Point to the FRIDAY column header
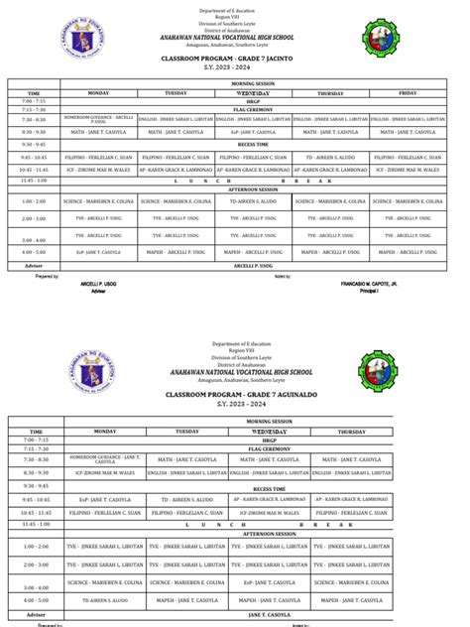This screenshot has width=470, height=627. click(x=407, y=92)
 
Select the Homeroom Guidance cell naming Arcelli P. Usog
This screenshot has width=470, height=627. click(x=97, y=119)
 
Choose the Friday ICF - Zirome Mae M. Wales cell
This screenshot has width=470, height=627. click(x=407, y=169)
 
